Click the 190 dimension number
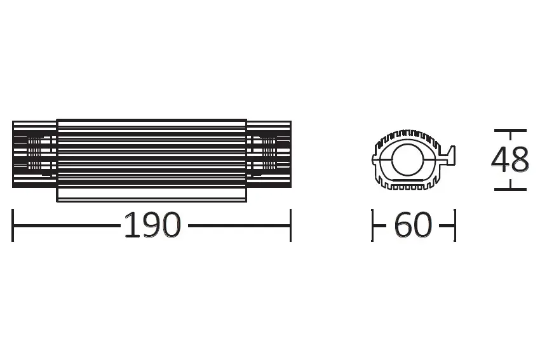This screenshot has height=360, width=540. pos(152,225)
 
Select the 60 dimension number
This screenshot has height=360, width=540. pos(413,225)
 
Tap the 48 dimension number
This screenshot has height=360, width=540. pos(510,159)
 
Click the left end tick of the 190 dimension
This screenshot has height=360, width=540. pos(13,225)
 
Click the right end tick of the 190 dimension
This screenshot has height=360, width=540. pos(290,225)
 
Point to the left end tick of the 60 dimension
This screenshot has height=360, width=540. pos(372,225)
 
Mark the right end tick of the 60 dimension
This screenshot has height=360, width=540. pos(455,225)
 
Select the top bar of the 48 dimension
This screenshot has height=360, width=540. pos(510,130)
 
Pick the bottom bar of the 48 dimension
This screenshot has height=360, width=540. pos(510,189)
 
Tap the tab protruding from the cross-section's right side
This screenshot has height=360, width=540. pos(450,154)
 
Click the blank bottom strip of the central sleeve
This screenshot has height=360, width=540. pos(152,194)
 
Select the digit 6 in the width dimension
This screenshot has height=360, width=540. pos(403,225)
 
